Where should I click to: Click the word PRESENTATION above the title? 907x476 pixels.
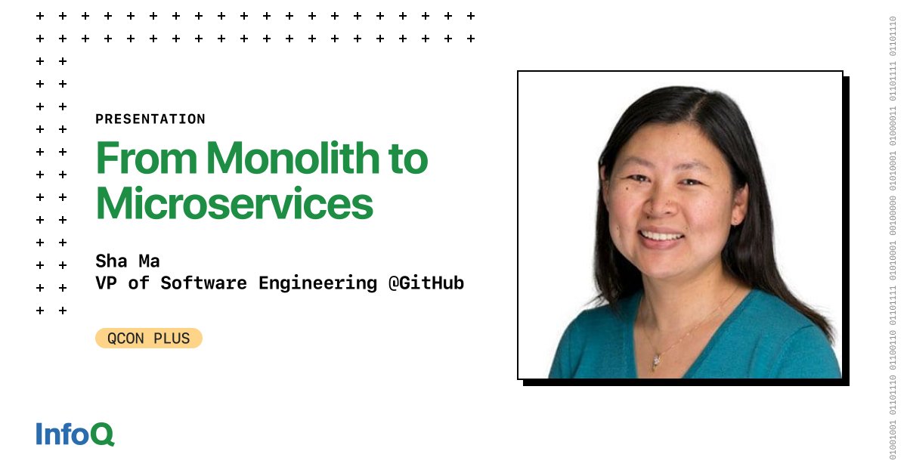point(150,119)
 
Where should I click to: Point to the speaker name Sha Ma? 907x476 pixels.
point(127,261)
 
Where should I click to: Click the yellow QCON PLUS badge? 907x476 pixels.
point(149,338)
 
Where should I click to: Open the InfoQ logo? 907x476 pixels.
point(75,434)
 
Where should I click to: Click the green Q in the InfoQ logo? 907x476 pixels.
point(104,434)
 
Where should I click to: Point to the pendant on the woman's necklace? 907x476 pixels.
point(655,362)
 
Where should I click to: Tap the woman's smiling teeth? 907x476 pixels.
point(662,236)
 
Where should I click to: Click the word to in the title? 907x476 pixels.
point(409,159)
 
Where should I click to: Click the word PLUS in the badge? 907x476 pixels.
point(173,338)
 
